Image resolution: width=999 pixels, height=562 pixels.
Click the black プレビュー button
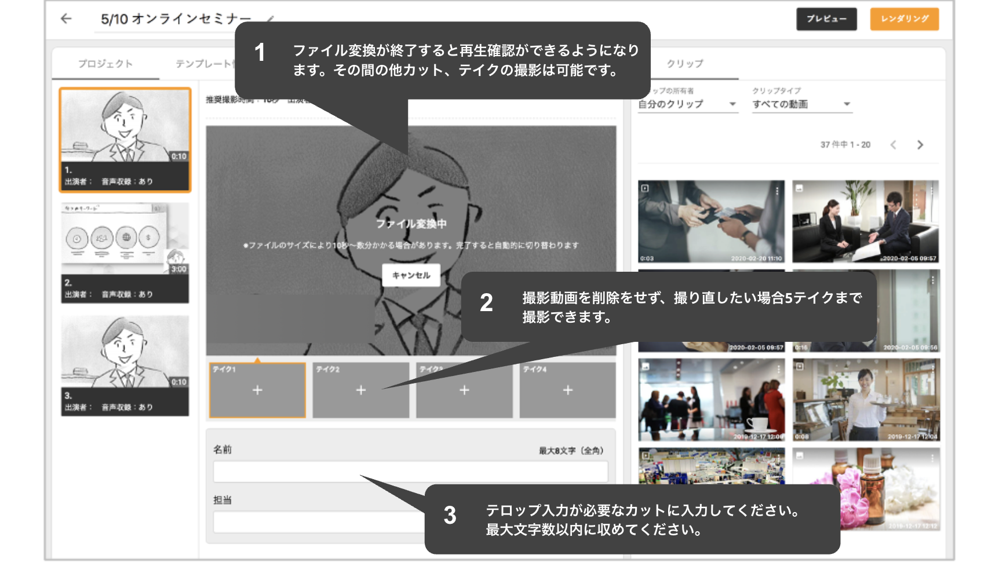pyautogui.click(x=826, y=19)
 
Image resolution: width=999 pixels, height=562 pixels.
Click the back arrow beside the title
pyautogui.click(x=66, y=19)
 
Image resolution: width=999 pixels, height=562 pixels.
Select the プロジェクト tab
pyautogui.click(x=105, y=64)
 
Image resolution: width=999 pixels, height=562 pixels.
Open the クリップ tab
pyautogui.click(x=685, y=64)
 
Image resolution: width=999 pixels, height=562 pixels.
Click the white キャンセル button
pyautogui.click(x=411, y=275)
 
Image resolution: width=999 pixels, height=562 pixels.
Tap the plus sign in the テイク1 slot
pyautogui.click(x=257, y=390)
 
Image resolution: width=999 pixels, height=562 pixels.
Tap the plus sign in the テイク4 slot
pyautogui.click(x=567, y=390)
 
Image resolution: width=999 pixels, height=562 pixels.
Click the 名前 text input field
pyautogui.click(x=410, y=472)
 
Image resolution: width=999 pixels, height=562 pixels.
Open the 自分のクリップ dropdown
pyautogui.click(x=687, y=104)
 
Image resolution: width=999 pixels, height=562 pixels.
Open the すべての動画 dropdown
pyautogui.click(x=802, y=104)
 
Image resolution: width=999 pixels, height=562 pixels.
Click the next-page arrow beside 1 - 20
pyautogui.click(x=920, y=145)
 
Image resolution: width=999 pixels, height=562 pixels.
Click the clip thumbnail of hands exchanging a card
pyautogui.click(x=711, y=221)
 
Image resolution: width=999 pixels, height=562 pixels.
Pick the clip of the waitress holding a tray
pyautogui.click(x=866, y=399)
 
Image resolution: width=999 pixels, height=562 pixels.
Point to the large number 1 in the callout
pyautogui.click(x=260, y=53)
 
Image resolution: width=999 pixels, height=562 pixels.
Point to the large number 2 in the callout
pyautogui.click(x=486, y=303)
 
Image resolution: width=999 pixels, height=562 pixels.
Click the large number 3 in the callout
pyautogui.click(x=450, y=516)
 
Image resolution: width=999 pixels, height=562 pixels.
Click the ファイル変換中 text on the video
pyautogui.click(x=411, y=224)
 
